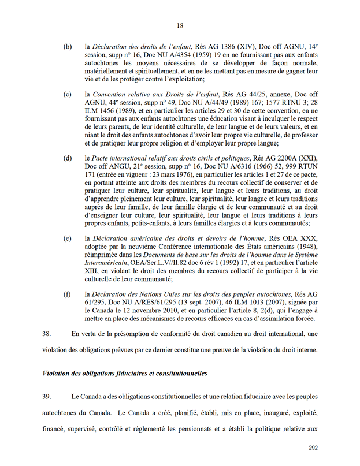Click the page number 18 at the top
point(180,25)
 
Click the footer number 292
point(314,448)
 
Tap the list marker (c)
point(68,94)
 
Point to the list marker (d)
point(68,157)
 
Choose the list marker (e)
point(68,238)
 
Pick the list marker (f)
point(68,294)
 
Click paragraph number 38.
point(49,334)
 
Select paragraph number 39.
point(49,398)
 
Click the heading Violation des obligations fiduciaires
point(125,374)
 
